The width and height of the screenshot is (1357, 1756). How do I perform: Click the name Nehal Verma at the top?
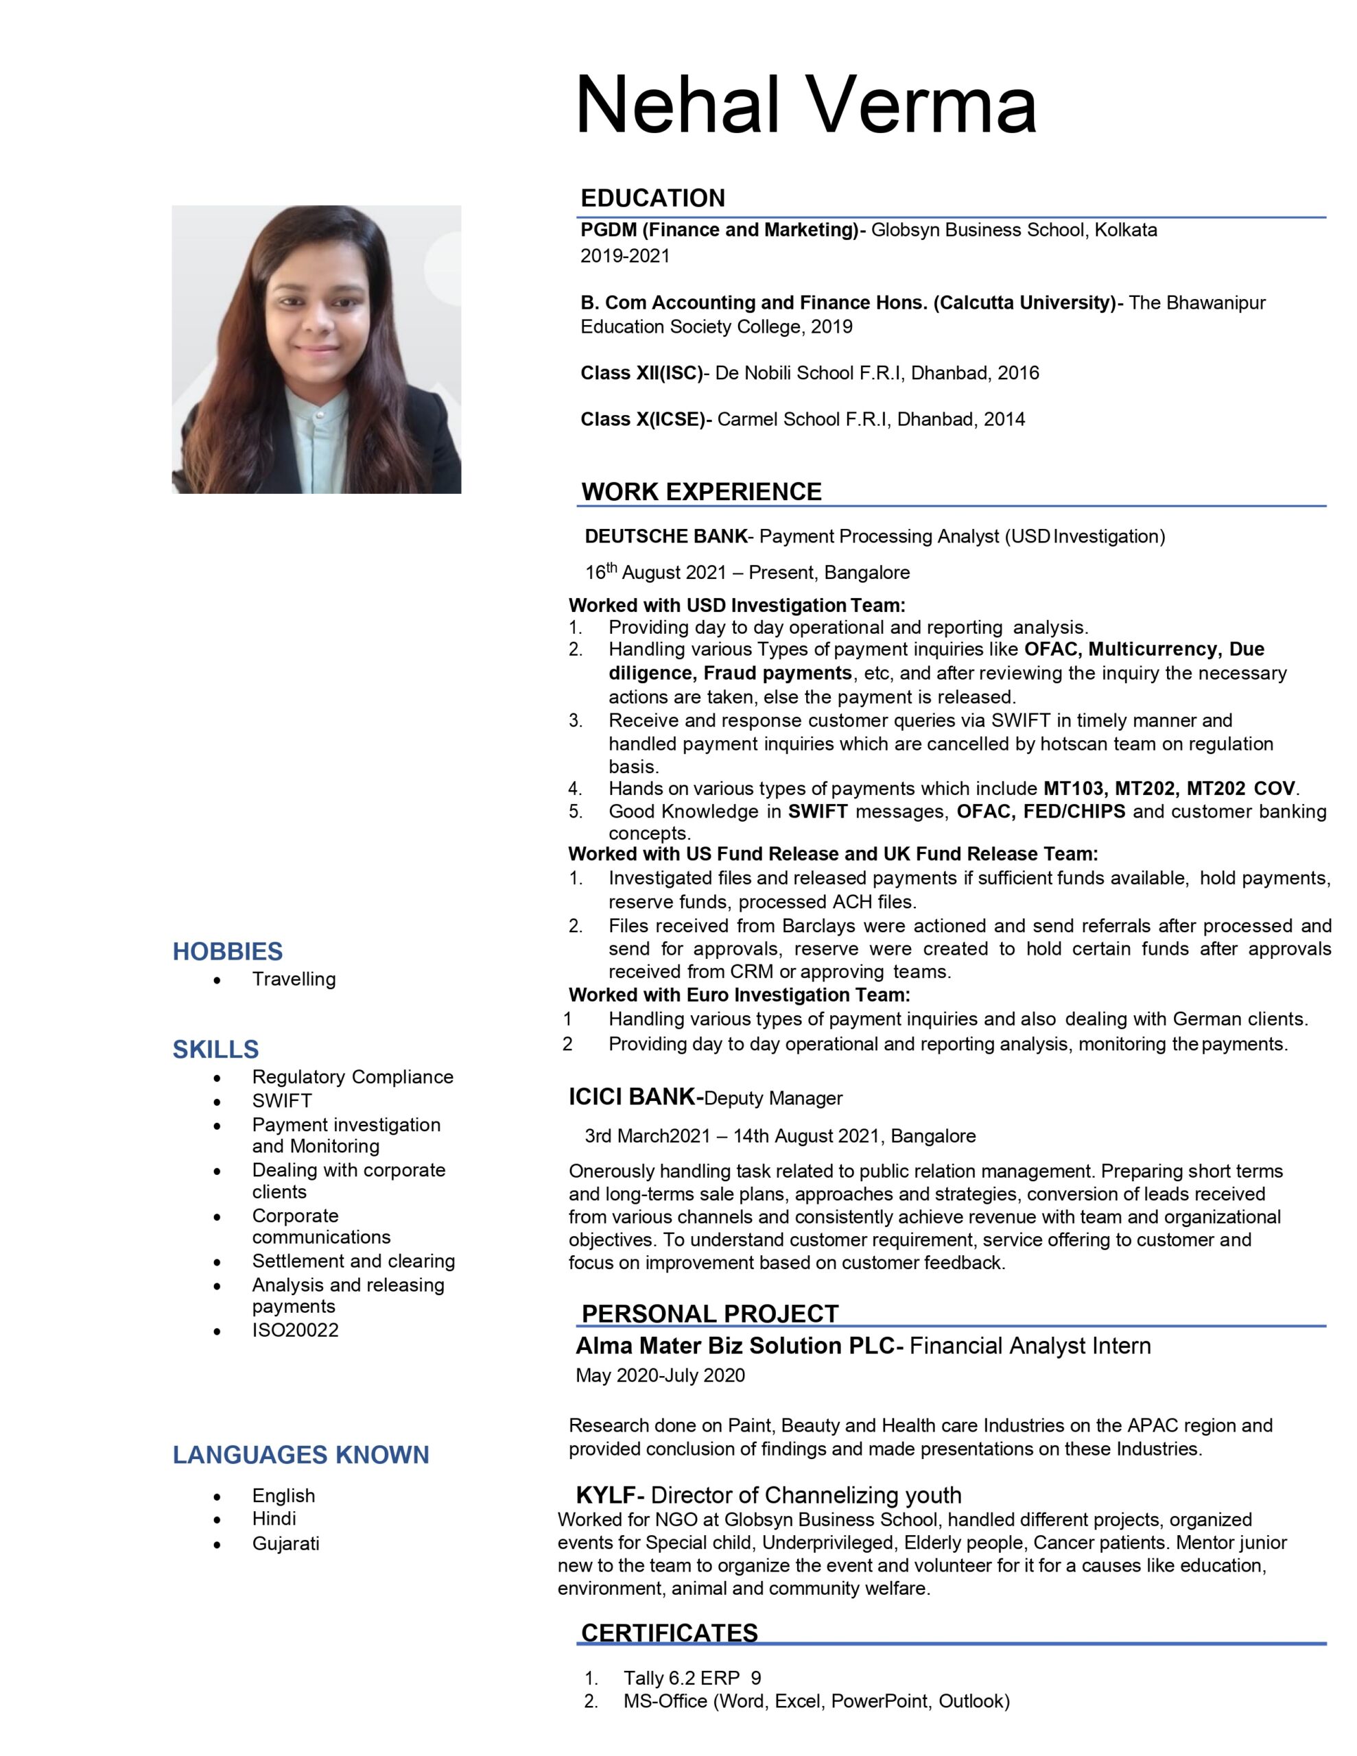pos(805,106)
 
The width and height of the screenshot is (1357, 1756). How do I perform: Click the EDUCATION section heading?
pos(652,198)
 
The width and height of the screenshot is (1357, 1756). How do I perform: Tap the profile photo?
pos(316,349)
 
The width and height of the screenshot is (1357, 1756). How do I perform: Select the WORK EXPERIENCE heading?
pos(700,491)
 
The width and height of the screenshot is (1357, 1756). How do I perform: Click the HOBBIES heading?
pos(228,951)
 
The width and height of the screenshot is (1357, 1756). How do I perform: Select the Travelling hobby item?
pos(294,980)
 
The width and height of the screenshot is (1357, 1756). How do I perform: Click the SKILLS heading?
pos(215,1049)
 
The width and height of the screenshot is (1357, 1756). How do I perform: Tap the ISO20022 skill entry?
pos(295,1330)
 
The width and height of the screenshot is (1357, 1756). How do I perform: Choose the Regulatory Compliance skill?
pos(353,1077)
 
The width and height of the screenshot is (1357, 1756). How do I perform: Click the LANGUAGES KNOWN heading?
pos(301,1454)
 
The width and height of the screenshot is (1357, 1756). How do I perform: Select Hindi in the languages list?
pos(274,1518)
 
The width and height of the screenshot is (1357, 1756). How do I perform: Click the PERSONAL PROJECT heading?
pos(709,1314)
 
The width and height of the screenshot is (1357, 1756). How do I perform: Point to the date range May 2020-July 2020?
pos(659,1375)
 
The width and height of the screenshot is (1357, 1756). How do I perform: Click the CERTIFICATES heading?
pos(670,1633)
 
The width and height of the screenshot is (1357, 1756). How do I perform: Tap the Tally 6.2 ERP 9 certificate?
pos(692,1678)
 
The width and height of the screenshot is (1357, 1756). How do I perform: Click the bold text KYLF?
pos(606,1495)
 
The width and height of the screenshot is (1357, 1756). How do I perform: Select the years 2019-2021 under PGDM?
pos(625,256)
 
